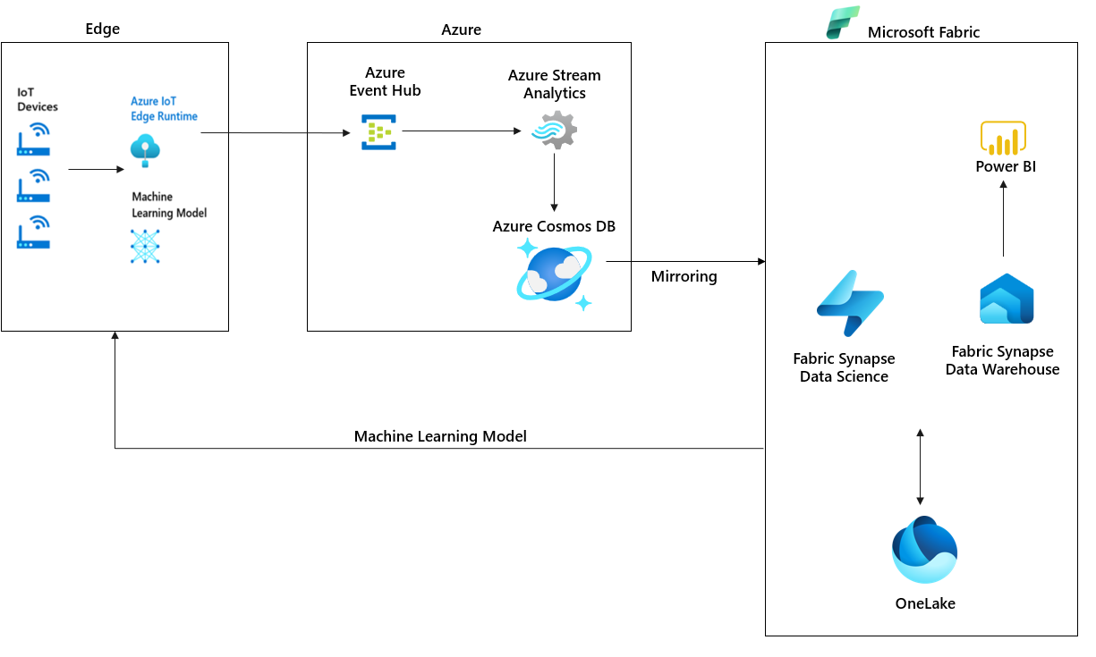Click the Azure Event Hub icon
[x=378, y=131]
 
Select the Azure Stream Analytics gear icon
[x=554, y=131]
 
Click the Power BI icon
[x=1003, y=139]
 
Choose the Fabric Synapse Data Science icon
[x=849, y=303]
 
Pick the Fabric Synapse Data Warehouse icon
[x=1007, y=299]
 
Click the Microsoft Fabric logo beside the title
[x=842, y=22]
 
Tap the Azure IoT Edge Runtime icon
[x=145, y=150]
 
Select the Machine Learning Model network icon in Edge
[x=145, y=246]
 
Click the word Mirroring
[x=684, y=277]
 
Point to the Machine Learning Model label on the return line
[x=440, y=436]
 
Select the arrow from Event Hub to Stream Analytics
[x=461, y=131]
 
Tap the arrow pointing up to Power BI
[x=1003, y=218]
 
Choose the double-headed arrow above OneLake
[x=920, y=467]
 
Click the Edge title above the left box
[x=102, y=29]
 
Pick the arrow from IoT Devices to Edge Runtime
[x=96, y=169]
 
